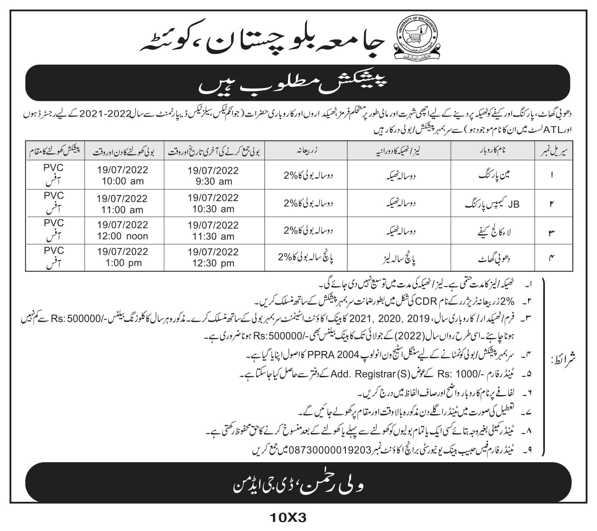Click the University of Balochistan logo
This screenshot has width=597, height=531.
point(415,37)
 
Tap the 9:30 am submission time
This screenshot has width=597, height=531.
point(213,181)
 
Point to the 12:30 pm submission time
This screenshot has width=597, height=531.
point(213,263)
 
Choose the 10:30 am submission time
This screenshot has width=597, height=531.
point(213,209)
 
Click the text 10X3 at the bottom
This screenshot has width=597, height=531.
point(288,518)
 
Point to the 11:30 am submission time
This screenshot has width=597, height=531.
point(213,236)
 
